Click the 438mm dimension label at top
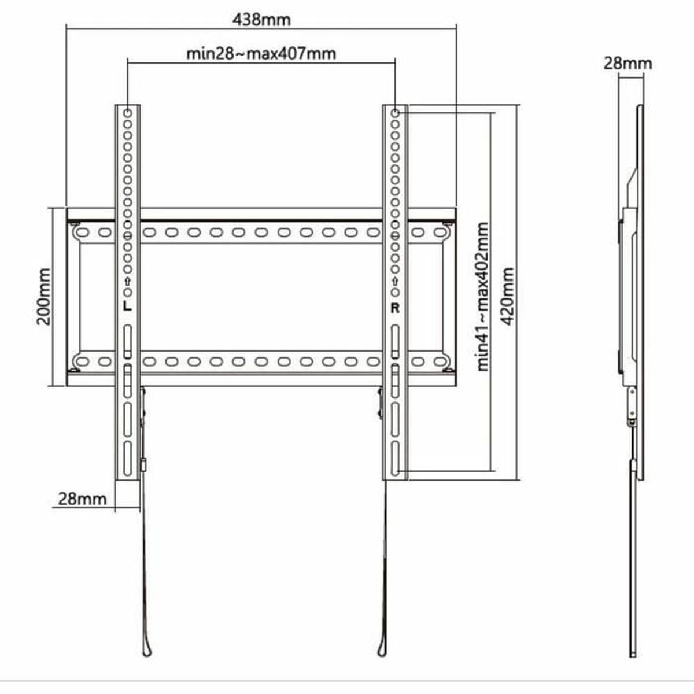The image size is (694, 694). pyautogui.click(x=261, y=20)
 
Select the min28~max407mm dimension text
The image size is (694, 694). pyautogui.click(x=261, y=54)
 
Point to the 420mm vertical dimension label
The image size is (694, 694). pyautogui.click(x=507, y=296)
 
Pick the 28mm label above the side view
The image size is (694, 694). pyautogui.click(x=627, y=63)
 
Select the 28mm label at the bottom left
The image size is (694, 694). pyautogui.click(x=82, y=498)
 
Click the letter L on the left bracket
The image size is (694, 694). pyautogui.click(x=127, y=307)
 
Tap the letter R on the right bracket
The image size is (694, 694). pyautogui.click(x=395, y=308)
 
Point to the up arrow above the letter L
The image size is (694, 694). pyautogui.click(x=127, y=282)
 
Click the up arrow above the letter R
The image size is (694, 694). pyautogui.click(x=395, y=282)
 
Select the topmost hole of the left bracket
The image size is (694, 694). pyautogui.click(x=127, y=112)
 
